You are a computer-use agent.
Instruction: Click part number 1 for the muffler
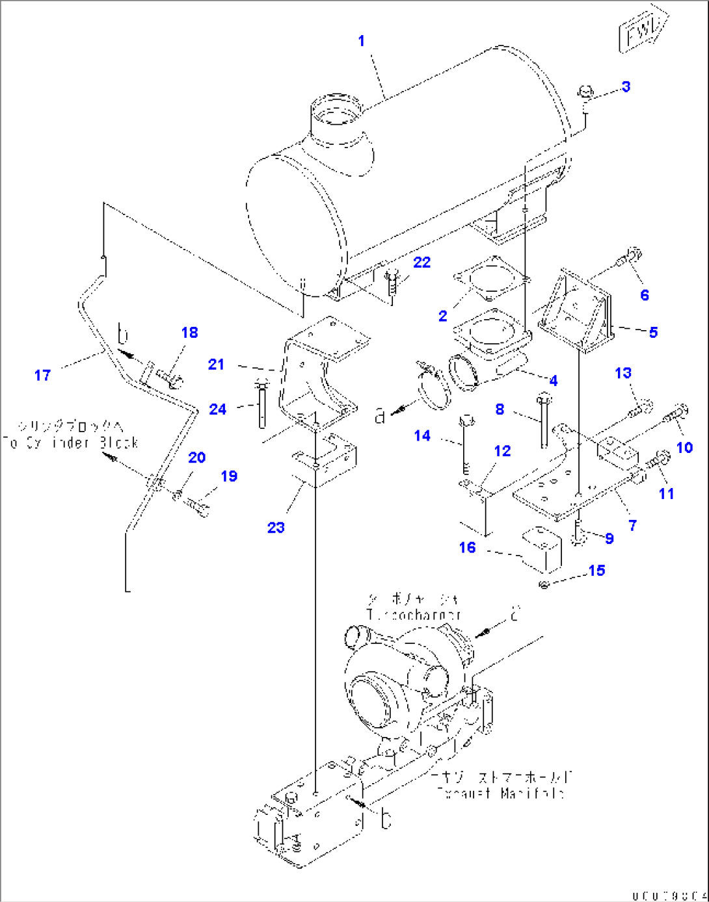362,41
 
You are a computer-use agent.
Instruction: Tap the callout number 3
626,86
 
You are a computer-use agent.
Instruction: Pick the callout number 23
276,527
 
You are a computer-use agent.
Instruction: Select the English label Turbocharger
414,614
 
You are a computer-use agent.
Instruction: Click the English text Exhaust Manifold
501,793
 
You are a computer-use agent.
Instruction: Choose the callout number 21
217,365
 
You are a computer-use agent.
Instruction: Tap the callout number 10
684,447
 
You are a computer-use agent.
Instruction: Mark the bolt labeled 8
544,419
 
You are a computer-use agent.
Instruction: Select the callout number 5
653,332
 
